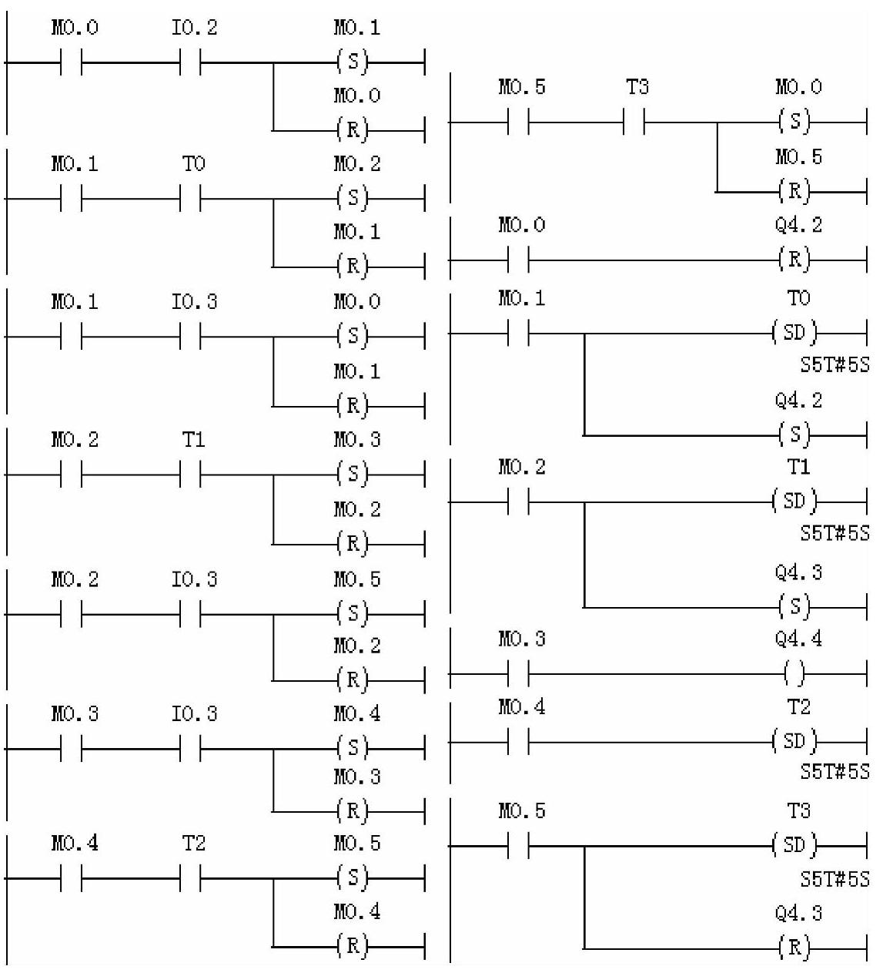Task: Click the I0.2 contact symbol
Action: [x=190, y=62]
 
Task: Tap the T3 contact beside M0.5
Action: [x=634, y=122]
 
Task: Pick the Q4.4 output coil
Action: [x=794, y=675]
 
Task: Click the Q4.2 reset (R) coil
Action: [x=794, y=260]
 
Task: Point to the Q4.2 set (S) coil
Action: [x=794, y=435]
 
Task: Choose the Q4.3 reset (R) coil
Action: [x=794, y=947]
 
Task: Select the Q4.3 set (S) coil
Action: [x=794, y=607]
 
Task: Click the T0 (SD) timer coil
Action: [x=794, y=334]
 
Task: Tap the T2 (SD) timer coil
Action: [x=794, y=743]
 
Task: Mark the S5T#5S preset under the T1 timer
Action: [x=835, y=533]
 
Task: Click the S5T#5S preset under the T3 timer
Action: [x=835, y=879]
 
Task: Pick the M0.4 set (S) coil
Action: [x=353, y=747]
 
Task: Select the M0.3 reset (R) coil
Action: [x=353, y=810]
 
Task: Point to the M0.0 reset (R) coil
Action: [x=353, y=129]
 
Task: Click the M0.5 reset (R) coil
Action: [x=794, y=191]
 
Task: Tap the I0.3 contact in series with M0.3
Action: [x=190, y=748]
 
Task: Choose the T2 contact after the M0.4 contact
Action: [x=190, y=878]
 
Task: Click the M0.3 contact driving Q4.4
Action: [x=519, y=675]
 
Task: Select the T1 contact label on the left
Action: [x=194, y=440]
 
